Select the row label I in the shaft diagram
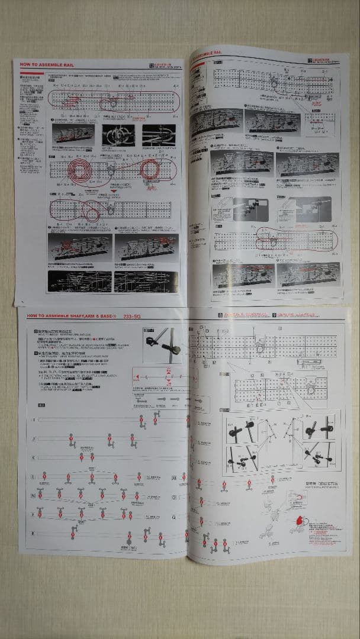[33, 419]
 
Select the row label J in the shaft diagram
[33, 438]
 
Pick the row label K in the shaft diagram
[33, 457]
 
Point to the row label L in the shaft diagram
[33, 476]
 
